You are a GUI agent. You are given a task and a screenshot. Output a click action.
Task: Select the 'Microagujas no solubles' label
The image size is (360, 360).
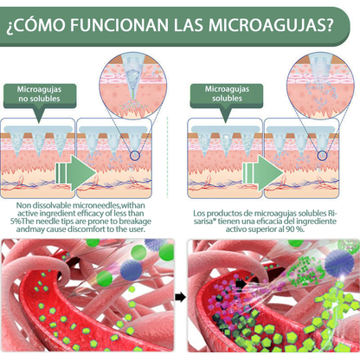[40, 94]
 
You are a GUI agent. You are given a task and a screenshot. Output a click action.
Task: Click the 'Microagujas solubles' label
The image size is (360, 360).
[227, 93]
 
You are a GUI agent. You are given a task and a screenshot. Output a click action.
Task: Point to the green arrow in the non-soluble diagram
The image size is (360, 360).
[76, 173]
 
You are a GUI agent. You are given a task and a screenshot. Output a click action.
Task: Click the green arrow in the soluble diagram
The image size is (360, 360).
[263, 173]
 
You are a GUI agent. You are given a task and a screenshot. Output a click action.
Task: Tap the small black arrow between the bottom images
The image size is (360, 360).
[180, 297]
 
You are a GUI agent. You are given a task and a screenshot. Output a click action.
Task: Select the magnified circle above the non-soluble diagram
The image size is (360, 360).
[133, 86]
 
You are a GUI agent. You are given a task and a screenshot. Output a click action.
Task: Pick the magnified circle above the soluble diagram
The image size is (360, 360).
[320, 86]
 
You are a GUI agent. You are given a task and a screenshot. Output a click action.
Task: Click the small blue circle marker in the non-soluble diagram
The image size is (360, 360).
[135, 156]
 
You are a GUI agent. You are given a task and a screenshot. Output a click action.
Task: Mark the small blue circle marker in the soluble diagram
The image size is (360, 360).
[322, 156]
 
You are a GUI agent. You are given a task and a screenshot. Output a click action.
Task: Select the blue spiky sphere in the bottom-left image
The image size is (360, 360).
[131, 270]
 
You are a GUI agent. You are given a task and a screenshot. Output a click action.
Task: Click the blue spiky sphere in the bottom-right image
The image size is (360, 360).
[339, 263]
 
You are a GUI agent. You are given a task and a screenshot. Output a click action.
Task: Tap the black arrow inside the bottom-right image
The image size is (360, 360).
[241, 284]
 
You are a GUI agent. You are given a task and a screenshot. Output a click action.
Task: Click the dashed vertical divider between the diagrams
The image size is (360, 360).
[168, 157]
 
